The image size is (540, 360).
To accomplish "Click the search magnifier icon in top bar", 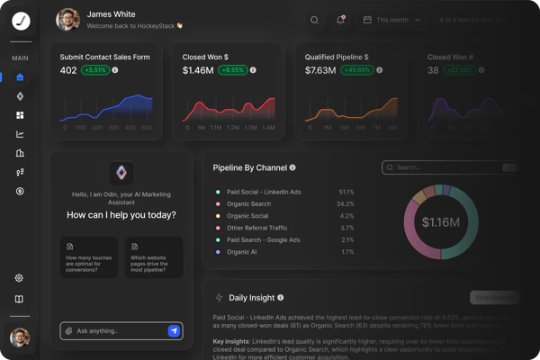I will (314, 20).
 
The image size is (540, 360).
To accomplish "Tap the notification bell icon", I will (341, 20).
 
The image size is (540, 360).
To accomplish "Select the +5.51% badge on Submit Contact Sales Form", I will (96, 70).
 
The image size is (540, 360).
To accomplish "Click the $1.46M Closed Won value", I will (198, 70).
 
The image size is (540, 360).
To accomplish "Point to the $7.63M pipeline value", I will (320, 70).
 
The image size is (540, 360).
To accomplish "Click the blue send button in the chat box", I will (174, 331).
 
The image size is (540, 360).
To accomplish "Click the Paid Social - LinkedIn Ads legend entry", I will (264, 192).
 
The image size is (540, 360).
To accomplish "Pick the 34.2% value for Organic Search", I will (346, 204).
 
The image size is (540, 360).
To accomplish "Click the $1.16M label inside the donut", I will (441, 221).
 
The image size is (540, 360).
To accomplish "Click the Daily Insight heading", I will (251, 298).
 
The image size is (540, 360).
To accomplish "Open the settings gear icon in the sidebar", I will (20, 278).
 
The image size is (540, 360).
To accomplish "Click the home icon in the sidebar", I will (20, 77).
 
